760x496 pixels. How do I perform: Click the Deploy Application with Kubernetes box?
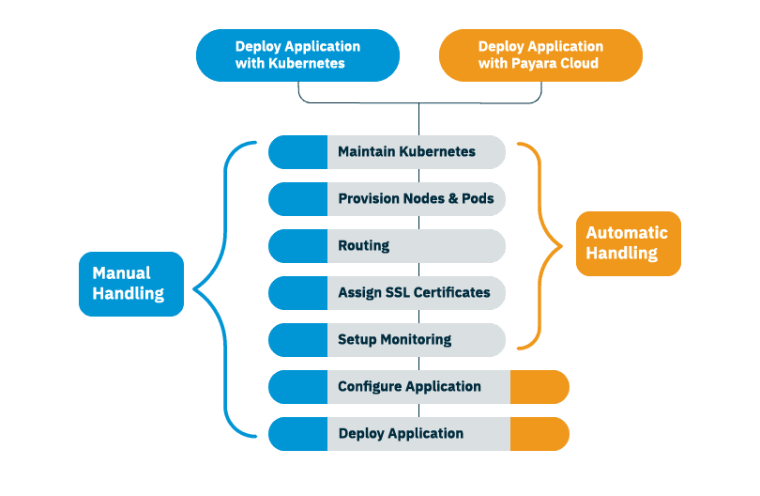[x=297, y=55]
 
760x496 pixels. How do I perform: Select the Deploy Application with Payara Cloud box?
[x=540, y=55]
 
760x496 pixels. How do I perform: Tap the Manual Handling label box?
[x=131, y=284]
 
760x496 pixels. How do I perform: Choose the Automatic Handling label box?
[x=628, y=243]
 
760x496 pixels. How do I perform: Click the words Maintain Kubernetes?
[x=406, y=151]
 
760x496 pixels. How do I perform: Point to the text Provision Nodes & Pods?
[x=416, y=199]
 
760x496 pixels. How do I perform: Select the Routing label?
[x=363, y=245]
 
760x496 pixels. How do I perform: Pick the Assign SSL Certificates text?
[x=414, y=292]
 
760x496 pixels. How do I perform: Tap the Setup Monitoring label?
[x=394, y=339]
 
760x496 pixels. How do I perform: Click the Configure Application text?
[x=409, y=386]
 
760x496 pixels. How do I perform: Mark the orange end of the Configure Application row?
[x=540, y=387]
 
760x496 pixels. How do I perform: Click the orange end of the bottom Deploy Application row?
[x=540, y=434]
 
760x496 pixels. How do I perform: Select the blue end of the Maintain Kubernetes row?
[x=297, y=152]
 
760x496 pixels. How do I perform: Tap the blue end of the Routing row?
[x=297, y=246]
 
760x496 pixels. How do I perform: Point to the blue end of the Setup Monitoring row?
[x=297, y=340]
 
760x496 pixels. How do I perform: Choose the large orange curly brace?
[x=544, y=244]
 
